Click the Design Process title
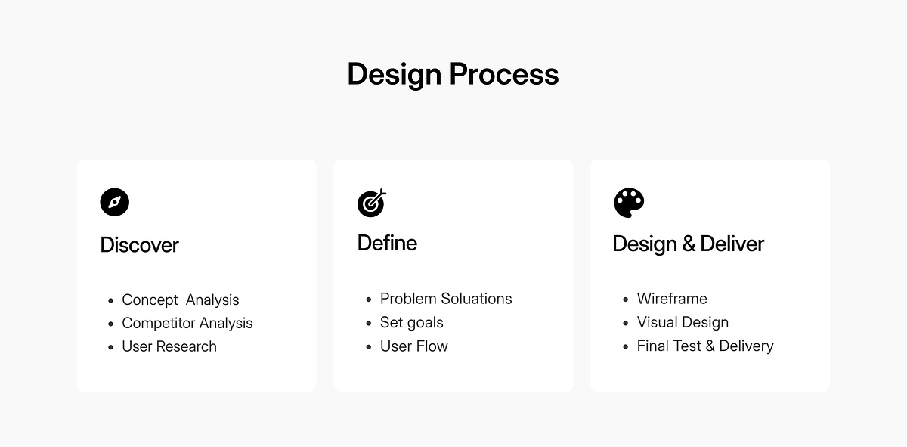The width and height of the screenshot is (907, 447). (453, 74)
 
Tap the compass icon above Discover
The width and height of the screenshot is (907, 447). (115, 202)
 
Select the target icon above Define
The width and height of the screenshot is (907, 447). (371, 202)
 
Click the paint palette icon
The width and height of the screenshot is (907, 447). (629, 203)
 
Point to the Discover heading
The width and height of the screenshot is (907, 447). (139, 245)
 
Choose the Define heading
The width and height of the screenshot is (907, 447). (387, 243)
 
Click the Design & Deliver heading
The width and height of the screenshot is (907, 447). (688, 244)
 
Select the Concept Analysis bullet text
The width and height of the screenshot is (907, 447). (181, 300)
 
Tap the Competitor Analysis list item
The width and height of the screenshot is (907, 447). (187, 323)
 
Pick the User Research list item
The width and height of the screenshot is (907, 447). (169, 346)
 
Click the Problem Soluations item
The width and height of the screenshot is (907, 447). (446, 299)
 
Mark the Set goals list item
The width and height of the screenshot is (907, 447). (412, 322)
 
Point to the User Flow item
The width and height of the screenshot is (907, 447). (414, 346)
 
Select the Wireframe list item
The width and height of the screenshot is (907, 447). (672, 299)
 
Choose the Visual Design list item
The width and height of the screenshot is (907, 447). (683, 322)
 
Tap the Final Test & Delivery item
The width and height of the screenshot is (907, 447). (705, 346)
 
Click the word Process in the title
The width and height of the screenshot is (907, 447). (504, 74)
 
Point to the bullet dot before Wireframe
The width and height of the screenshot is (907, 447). (626, 300)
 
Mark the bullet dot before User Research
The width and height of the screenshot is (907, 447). (111, 347)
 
